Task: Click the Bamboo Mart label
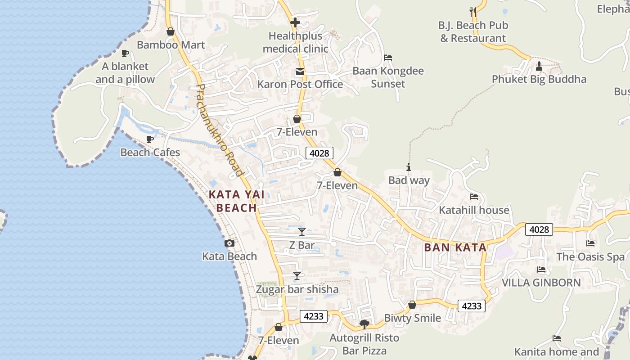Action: [171, 45]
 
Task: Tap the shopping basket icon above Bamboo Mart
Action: [171, 31]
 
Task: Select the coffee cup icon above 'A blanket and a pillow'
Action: [125, 53]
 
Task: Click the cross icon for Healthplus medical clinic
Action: [295, 22]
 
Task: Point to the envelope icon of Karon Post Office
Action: [300, 71]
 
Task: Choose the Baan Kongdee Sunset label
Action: [388, 77]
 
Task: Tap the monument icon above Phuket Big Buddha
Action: [539, 66]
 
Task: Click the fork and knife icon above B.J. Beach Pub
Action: [473, 12]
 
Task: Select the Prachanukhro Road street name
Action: [220, 130]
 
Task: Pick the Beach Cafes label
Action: [150, 153]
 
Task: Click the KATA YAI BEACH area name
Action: [237, 201]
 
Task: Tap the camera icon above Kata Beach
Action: [229, 243]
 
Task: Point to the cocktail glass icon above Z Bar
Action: [302, 232]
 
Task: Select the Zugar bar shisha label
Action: [297, 289]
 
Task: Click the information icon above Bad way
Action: [409, 167]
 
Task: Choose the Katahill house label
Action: [474, 210]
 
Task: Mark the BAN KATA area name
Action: [455, 247]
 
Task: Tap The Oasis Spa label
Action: [590, 257]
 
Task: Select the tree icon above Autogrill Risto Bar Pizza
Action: [364, 324]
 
